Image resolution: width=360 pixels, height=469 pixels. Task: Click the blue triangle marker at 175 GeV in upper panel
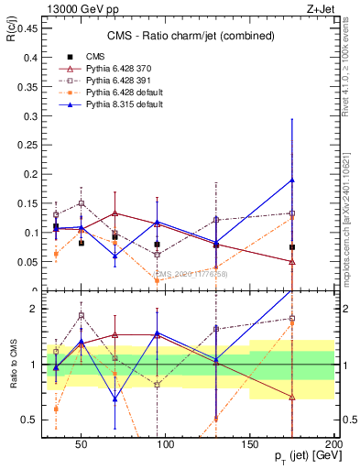tap(291, 180)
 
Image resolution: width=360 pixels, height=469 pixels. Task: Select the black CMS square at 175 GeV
tap(291, 247)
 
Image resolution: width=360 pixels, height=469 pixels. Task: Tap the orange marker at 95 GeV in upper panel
tap(157, 280)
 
